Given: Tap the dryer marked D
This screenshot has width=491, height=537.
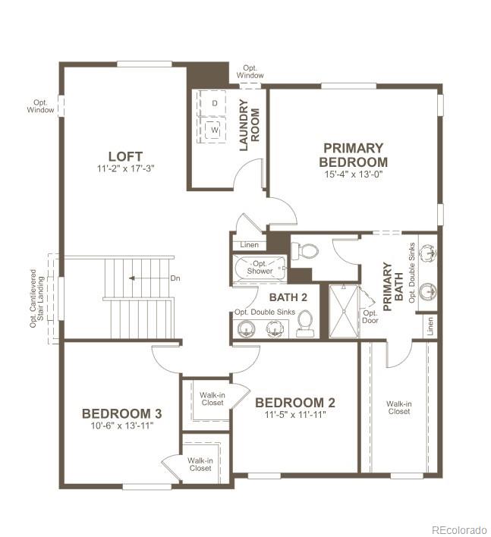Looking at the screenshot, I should [x=215, y=102].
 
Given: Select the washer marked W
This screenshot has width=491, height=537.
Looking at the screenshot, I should [x=215, y=129].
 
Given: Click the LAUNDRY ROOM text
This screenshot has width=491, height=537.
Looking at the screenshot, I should [x=250, y=125].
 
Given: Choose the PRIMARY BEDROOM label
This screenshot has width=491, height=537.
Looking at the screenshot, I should [x=353, y=155].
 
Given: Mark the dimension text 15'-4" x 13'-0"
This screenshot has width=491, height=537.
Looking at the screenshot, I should [x=353, y=174].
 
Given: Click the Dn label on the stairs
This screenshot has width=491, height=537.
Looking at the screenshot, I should [x=175, y=278].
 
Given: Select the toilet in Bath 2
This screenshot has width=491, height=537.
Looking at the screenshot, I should [x=305, y=324].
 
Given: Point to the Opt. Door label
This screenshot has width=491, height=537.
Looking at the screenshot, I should [x=370, y=316].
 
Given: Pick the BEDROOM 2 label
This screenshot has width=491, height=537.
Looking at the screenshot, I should [x=294, y=403].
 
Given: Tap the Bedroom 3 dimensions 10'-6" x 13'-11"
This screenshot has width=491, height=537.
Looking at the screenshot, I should [x=121, y=427].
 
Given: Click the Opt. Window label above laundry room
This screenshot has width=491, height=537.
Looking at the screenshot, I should [x=250, y=72].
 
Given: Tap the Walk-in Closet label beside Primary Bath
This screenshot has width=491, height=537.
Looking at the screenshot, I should [x=398, y=407].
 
